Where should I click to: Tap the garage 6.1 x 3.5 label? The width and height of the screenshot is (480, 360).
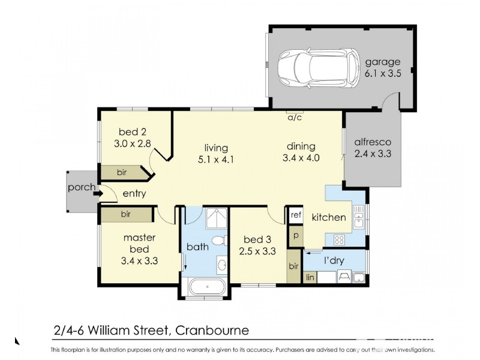[x=382, y=69]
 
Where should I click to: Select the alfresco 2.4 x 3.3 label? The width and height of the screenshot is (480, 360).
[x=373, y=148]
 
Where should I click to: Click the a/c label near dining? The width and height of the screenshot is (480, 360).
[x=295, y=118]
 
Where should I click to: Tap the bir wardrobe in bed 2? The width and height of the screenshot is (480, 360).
[x=122, y=172]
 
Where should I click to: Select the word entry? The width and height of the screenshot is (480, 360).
[x=135, y=194]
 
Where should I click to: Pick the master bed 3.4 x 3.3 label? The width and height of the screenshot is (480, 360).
[x=139, y=249]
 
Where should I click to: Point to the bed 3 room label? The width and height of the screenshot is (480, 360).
[x=257, y=246]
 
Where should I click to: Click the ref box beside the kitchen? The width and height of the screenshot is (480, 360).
[x=295, y=215]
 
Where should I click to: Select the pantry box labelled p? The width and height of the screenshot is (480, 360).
[x=295, y=235]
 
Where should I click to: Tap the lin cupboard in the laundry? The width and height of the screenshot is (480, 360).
[x=310, y=277]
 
